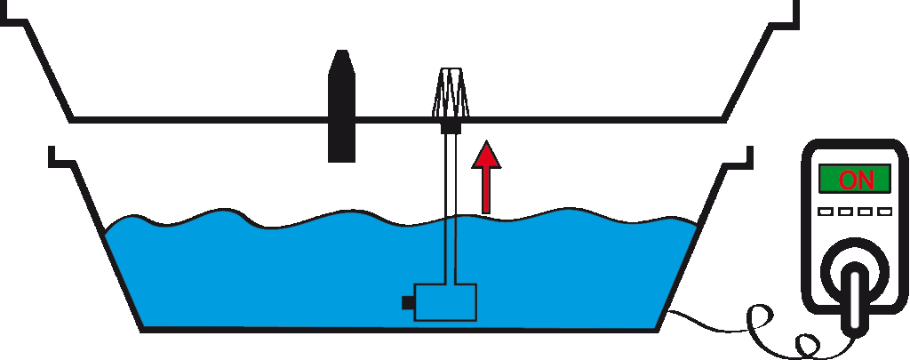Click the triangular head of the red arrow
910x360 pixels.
486,155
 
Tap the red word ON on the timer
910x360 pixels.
856,180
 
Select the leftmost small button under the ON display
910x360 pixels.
826,212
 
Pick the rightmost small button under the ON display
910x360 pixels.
884,212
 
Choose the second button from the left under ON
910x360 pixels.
845,212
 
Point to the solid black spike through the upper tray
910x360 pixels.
342,106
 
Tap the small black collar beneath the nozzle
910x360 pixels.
451,127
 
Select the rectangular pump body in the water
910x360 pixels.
445,302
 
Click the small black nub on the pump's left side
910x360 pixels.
407,302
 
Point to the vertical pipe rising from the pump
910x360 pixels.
451,209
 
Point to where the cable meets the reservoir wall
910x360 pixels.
667,312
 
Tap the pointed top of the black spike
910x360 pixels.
342,51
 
